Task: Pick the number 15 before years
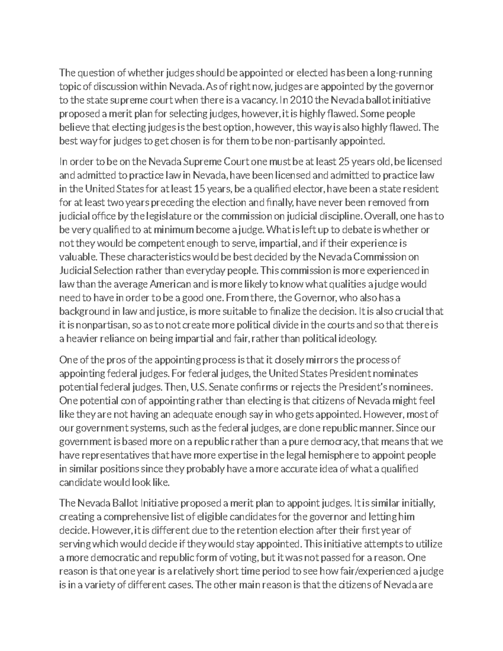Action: (x=199, y=189)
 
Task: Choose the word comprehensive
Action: (x=126, y=516)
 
